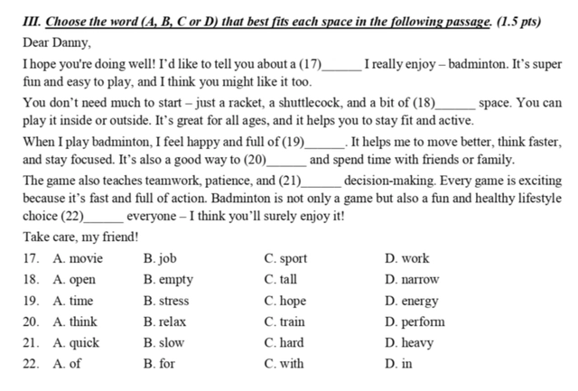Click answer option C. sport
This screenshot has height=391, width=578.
[285, 259]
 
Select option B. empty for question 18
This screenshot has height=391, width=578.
[168, 280]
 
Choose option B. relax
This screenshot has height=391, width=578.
[165, 321]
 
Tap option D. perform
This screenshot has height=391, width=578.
[415, 321]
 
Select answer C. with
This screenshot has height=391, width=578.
[284, 364]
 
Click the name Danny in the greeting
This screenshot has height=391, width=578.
[73, 42]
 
